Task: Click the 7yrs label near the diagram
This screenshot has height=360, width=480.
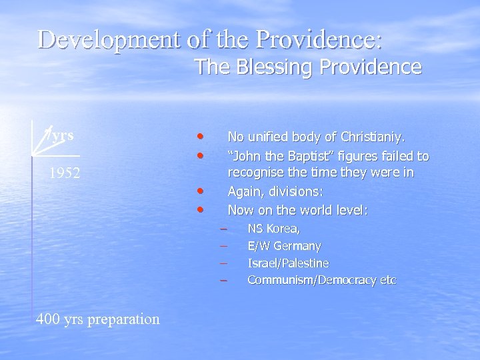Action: coord(58,135)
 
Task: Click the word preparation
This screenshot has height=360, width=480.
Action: coord(123,319)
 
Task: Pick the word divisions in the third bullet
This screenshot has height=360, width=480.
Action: coord(297,192)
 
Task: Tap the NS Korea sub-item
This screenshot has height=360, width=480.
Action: coord(273,229)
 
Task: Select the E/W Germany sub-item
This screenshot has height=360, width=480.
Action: coord(284,246)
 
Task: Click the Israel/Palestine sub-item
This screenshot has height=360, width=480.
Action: coord(288,263)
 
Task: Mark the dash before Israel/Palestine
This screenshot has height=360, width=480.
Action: coord(225,263)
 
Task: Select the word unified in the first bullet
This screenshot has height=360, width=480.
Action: coord(272,137)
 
